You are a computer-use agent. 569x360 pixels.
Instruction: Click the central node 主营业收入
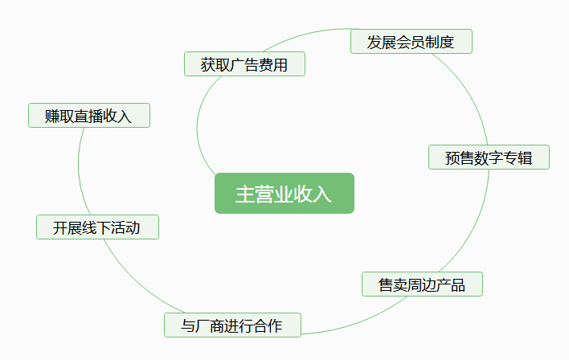[x=284, y=194]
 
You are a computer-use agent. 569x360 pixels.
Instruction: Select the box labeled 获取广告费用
[x=244, y=64]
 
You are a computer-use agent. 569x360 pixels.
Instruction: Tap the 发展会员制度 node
[x=411, y=42]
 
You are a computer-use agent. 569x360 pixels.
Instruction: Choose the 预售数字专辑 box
[x=489, y=157]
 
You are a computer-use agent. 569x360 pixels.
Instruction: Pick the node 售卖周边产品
[x=422, y=284]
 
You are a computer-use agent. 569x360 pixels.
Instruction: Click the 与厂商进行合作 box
[x=232, y=325]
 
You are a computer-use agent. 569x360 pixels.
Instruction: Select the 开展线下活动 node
[x=97, y=227]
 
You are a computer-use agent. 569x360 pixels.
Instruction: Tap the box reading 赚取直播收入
[x=88, y=116]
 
